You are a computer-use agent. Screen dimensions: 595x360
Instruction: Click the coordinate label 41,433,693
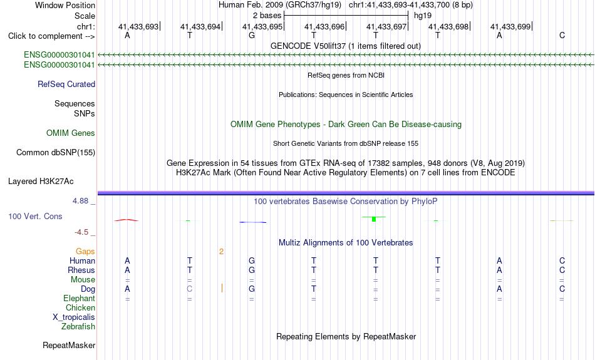[138, 26]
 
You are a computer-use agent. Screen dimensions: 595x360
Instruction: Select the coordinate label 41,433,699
[510, 26]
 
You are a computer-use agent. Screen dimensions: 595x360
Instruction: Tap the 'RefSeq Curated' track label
[66, 85]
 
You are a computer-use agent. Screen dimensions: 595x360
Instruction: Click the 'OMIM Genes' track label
[71, 133]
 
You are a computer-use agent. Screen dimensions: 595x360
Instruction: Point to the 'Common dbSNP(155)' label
[56, 153]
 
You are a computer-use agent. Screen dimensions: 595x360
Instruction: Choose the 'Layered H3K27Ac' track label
[41, 182]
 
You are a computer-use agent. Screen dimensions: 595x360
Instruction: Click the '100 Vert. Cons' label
[35, 216]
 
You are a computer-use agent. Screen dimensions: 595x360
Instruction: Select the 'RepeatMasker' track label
[69, 345]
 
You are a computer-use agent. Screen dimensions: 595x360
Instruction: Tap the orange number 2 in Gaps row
[221, 252]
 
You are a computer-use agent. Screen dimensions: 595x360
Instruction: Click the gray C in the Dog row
[189, 289]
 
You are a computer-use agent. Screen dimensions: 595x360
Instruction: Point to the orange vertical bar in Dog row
[222, 289]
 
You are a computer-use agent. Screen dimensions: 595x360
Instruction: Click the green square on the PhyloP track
[374, 219]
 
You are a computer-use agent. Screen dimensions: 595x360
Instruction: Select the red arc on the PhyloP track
[127, 220]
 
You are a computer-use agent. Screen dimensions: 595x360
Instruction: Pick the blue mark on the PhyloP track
[253, 222]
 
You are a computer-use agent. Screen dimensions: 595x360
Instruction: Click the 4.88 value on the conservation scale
[80, 201]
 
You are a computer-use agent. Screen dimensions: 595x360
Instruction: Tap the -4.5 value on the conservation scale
[81, 232]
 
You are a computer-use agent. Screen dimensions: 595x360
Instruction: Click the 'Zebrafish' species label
[78, 326]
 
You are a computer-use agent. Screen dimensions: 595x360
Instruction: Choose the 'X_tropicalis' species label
[74, 317]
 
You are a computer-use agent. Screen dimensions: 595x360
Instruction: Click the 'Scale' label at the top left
[85, 16]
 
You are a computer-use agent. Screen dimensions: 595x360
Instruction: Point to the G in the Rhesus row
[252, 270]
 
